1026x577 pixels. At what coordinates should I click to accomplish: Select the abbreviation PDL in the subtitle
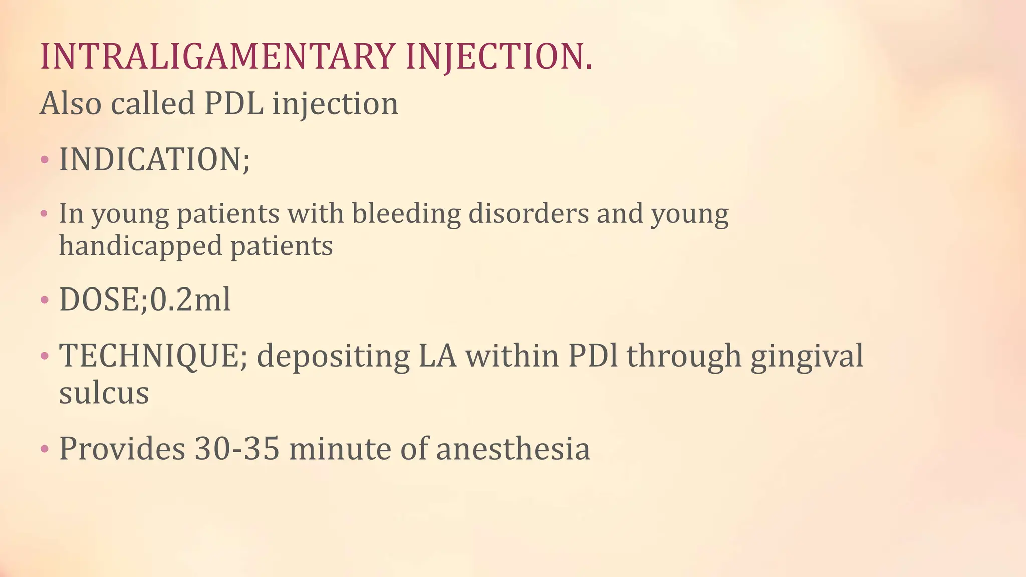(234, 104)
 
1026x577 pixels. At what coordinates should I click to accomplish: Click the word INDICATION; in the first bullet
(154, 160)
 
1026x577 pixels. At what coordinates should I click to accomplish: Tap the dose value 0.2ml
(190, 300)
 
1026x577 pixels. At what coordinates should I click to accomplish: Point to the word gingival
(807, 356)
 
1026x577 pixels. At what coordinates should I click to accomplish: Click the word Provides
(122, 448)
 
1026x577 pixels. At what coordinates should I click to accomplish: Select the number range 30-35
(236, 448)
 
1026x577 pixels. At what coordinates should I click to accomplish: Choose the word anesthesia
(513, 448)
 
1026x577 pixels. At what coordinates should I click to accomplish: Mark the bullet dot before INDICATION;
(45, 160)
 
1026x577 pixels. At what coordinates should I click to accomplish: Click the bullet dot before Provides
(45, 449)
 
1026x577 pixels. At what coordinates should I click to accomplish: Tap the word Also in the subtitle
(71, 104)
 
